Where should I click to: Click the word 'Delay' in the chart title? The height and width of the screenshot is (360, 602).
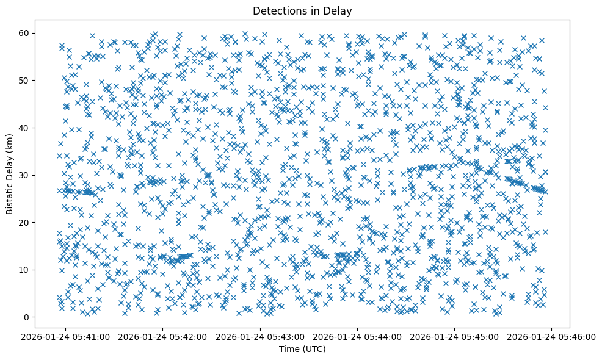point(340,10)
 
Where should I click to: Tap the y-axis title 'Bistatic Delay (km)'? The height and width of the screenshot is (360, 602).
point(10,174)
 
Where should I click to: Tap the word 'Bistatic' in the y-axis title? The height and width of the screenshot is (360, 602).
point(10,196)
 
